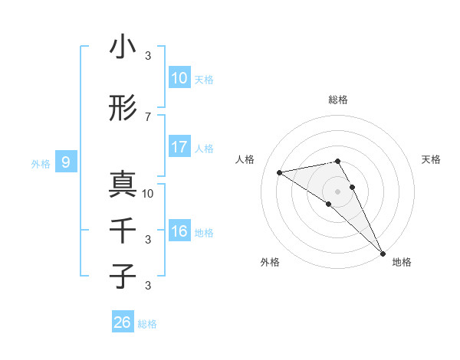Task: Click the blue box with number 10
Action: (x=179, y=78)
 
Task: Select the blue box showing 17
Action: (x=179, y=147)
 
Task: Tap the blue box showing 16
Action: (x=179, y=231)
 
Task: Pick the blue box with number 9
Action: (x=66, y=162)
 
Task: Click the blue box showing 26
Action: (x=123, y=322)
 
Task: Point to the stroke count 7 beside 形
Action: (x=148, y=116)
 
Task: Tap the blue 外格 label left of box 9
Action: (x=41, y=163)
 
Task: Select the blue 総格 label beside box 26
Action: (x=147, y=324)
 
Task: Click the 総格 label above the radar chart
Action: (x=338, y=100)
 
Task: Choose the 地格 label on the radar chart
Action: (x=402, y=262)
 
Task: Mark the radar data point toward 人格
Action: (x=279, y=172)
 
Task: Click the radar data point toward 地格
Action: (x=383, y=253)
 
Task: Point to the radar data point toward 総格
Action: (x=338, y=161)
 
